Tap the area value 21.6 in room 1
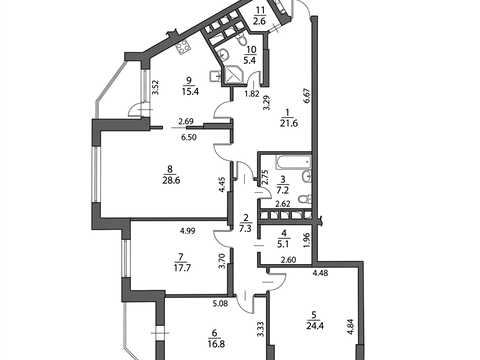(x=289, y=123)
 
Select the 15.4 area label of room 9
(x=190, y=91)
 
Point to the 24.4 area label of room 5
(x=314, y=325)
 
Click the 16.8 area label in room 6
(x=216, y=344)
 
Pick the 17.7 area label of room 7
(x=182, y=267)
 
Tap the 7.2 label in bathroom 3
(x=283, y=190)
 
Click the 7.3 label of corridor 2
(x=247, y=229)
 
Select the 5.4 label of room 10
(x=250, y=61)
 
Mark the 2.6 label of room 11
(x=259, y=21)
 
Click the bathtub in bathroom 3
(x=293, y=162)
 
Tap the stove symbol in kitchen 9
(x=183, y=49)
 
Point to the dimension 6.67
(x=307, y=97)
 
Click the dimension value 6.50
(x=188, y=137)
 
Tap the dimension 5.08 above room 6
(x=221, y=304)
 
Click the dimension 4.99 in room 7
(x=188, y=230)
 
